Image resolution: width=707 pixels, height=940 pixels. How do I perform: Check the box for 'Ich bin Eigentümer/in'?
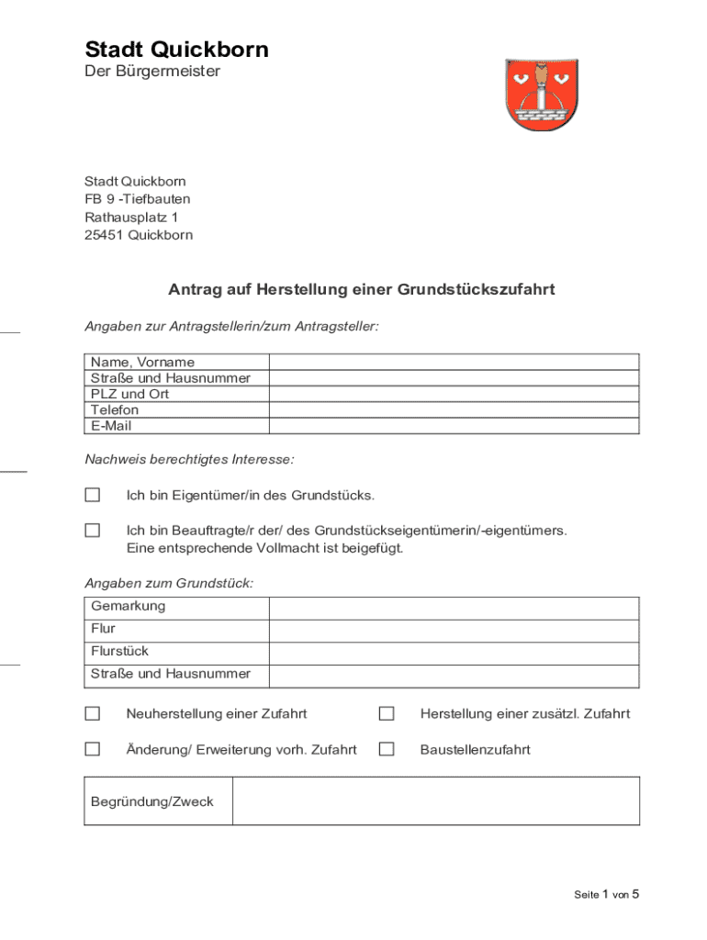(93, 495)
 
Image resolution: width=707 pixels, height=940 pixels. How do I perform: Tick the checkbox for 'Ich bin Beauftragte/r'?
(93, 530)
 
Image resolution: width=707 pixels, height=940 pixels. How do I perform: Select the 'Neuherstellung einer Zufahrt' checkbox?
(93, 713)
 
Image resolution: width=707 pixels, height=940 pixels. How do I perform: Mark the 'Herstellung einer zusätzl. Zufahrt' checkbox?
(387, 713)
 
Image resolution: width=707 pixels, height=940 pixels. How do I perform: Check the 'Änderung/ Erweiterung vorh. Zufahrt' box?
(93, 749)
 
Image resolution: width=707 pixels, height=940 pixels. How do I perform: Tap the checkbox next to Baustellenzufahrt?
(387, 749)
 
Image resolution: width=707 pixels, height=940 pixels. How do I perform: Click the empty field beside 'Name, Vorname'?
(454, 362)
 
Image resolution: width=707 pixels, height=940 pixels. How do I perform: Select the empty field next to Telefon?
(454, 410)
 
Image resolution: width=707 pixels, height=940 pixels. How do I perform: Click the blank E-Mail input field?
(454, 426)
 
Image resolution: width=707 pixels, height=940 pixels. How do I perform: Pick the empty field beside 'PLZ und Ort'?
(454, 394)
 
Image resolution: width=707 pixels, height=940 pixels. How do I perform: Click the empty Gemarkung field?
(454, 608)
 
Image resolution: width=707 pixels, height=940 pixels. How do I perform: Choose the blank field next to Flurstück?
(454, 653)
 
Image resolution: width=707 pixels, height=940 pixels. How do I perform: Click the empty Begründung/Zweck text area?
(435, 800)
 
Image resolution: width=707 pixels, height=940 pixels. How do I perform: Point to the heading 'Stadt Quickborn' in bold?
(176, 50)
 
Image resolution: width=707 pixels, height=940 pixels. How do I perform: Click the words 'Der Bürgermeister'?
(152, 71)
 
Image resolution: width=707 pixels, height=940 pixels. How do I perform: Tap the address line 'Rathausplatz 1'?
(131, 218)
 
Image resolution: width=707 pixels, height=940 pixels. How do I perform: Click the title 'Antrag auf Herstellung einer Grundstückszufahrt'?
(361, 290)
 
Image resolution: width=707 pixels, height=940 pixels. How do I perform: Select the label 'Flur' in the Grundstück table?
(103, 629)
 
